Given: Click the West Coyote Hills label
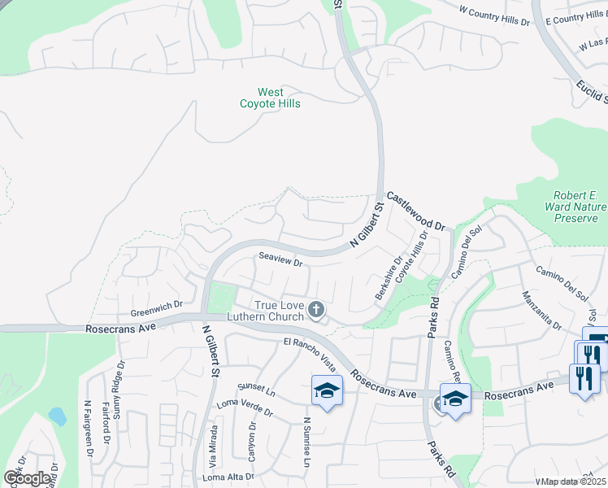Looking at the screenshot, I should click(270, 98).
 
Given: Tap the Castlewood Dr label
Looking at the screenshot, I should click(417, 211).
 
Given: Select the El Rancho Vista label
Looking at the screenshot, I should click(310, 351).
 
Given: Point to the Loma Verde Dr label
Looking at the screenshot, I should click(244, 407).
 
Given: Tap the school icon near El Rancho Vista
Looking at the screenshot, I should click(326, 391).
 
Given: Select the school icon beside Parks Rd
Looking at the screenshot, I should click(455, 398).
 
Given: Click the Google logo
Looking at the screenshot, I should click(27, 478).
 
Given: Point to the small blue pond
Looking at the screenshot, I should click(57, 416).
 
